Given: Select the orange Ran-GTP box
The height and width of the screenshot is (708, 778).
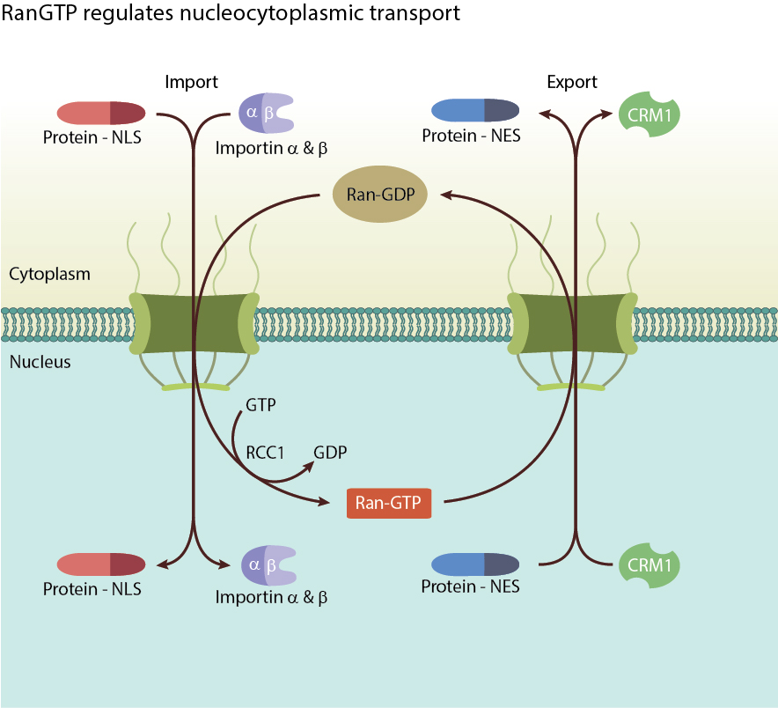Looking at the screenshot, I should tap(389, 503).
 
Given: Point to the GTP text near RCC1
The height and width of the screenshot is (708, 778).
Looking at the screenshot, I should tap(261, 406).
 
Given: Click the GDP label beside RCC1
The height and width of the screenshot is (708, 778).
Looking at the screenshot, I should tap(330, 453).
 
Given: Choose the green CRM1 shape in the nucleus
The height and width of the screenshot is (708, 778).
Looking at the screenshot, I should tap(650, 564).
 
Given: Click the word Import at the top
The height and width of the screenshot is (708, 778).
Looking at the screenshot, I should tap(191, 82).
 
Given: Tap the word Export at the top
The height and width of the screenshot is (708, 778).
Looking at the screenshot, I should tap(572, 82).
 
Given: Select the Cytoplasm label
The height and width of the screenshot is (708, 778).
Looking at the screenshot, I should tap(49, 274).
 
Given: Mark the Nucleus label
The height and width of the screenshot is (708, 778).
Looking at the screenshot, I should tap(40, 362).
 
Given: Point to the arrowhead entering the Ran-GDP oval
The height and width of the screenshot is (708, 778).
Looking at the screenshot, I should tap(444, 192).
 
